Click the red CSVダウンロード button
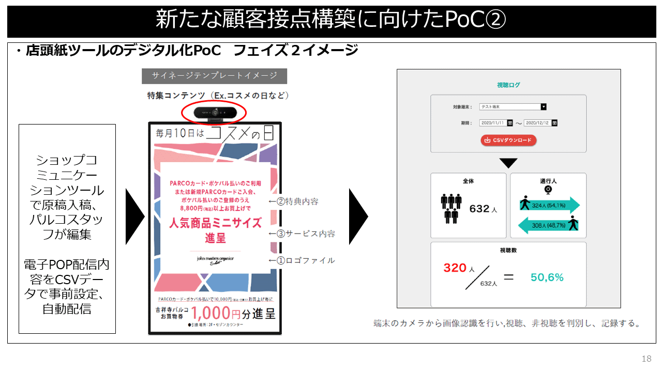509,140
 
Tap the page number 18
646,359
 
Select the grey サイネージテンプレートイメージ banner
214,75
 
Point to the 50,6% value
547,277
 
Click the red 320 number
455,268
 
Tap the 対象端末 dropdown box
513,106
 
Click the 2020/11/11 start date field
492,123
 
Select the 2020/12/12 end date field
537,123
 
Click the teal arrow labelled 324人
549,205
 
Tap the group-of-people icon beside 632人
452,208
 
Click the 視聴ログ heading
508,85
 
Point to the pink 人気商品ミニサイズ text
215,223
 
